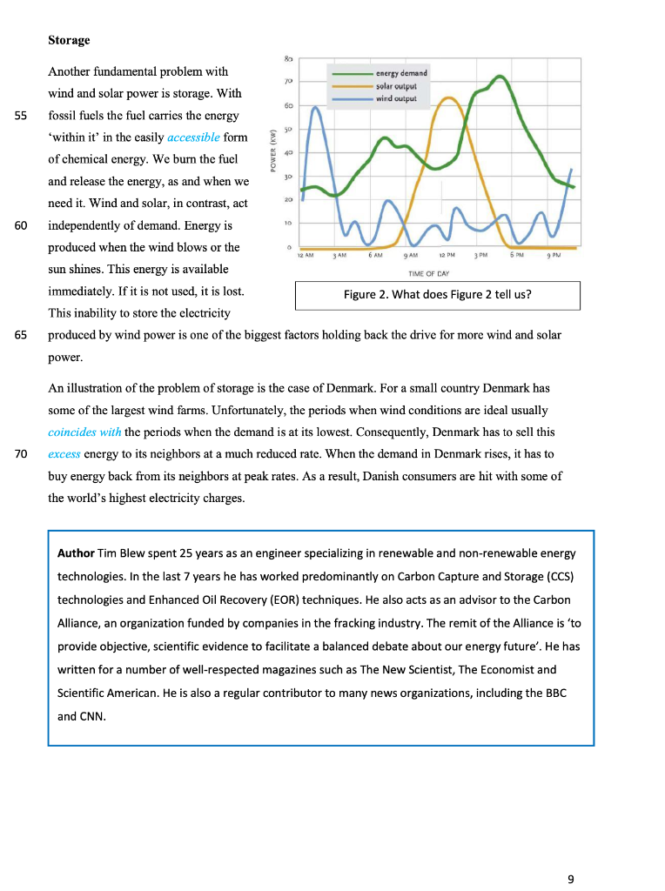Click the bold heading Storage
pos(69,40)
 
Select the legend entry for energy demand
pos(400,74)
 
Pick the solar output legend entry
pos(396,86)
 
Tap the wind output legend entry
pos(396,98)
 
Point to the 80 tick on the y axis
pos(288,58)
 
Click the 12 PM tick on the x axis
pos(447,255)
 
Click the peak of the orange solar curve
pos(447,98)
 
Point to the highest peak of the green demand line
pos(500,77)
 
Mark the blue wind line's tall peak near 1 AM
pos(315,108)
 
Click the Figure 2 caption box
pos(437,294)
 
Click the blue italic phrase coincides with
pos(84,432)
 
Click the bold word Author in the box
pos(76,553)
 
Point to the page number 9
pos(571,879)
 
